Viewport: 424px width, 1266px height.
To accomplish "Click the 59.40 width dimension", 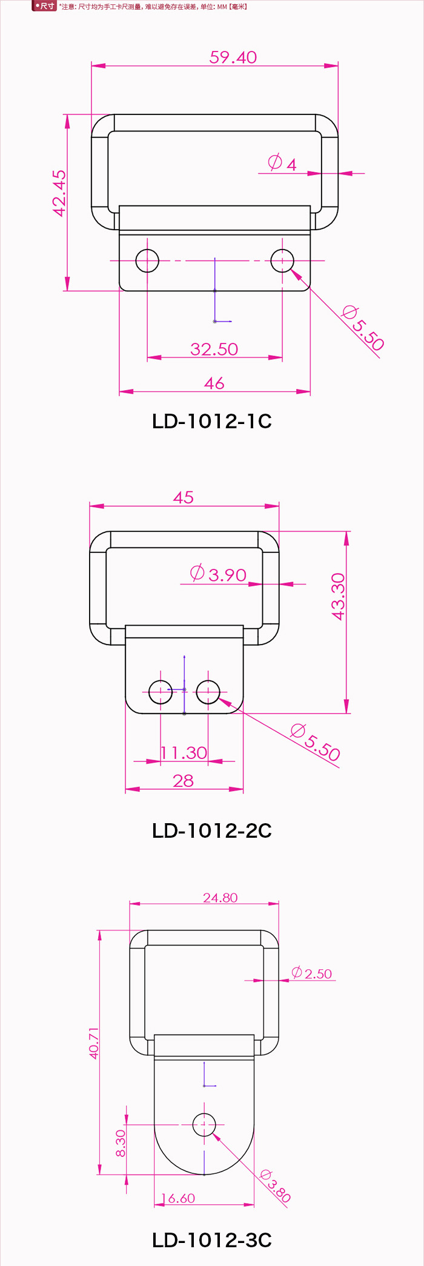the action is pyautogui.click(x=233, y=58).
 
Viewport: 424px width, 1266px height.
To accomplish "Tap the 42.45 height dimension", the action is pyautogui.click(x=59, y=193).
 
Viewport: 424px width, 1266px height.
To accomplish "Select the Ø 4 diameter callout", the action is pyautogui.click(x=282, y=164).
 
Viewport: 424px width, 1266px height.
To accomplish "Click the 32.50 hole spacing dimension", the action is pyautogui.click(x=214, y=350).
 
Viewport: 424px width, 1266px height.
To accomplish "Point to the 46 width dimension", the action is pyautogui.click(x=214, y=383).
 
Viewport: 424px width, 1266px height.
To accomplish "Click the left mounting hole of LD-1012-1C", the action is pyautogui.click(x=147, y=261).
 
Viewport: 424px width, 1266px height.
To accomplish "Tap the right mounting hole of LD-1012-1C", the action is pyautogui.click(x=282, y=261).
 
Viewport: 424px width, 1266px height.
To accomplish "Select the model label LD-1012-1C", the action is pyautogui.click(x=212, y=421).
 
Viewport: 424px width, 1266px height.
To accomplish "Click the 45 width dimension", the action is pyautogui.click(x=184, y=497).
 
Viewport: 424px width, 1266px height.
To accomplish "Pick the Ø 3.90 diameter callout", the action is pyautogui.click(x=218, y=574).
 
